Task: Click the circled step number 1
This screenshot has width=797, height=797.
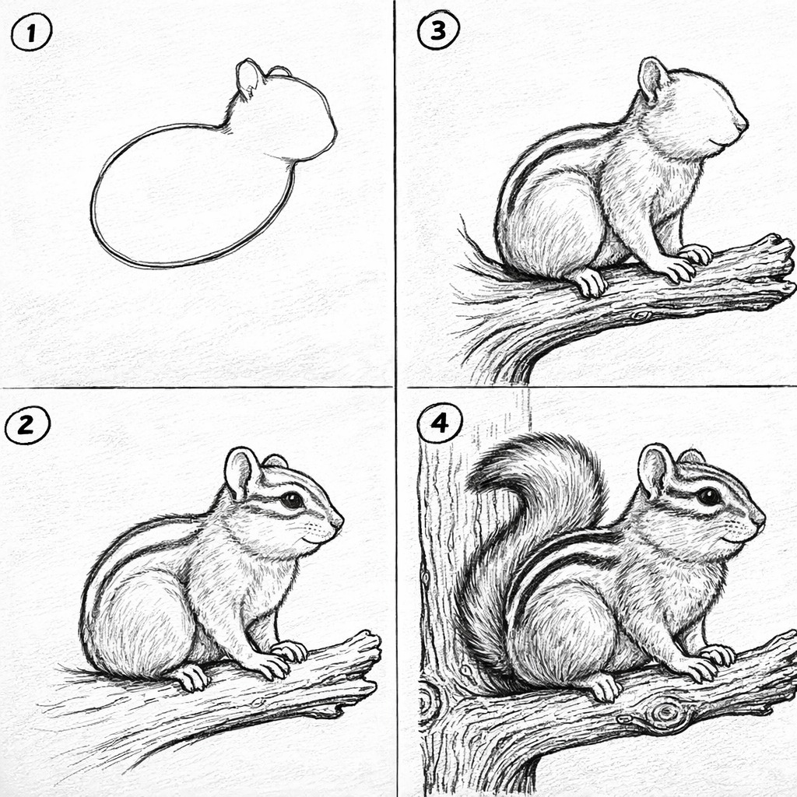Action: [x=31, y=33]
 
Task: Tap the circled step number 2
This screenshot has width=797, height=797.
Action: [x=27, y=425]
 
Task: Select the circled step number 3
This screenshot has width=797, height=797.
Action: [x=438, y=30]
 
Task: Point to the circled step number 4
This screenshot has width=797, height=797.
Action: [x=440, y=423]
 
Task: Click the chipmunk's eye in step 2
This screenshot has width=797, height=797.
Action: [x=293, y=500]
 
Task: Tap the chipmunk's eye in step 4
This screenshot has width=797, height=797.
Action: [x=708, y=496]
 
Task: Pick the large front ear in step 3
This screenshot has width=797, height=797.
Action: [x=653, y=79]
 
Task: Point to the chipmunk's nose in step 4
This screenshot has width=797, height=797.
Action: [x=758, y=518]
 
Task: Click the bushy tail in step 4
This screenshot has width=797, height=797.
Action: [x=528, y=539]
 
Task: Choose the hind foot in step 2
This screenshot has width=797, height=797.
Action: [x=191, y=677]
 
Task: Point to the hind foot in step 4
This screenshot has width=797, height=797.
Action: [x=604, y=686]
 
